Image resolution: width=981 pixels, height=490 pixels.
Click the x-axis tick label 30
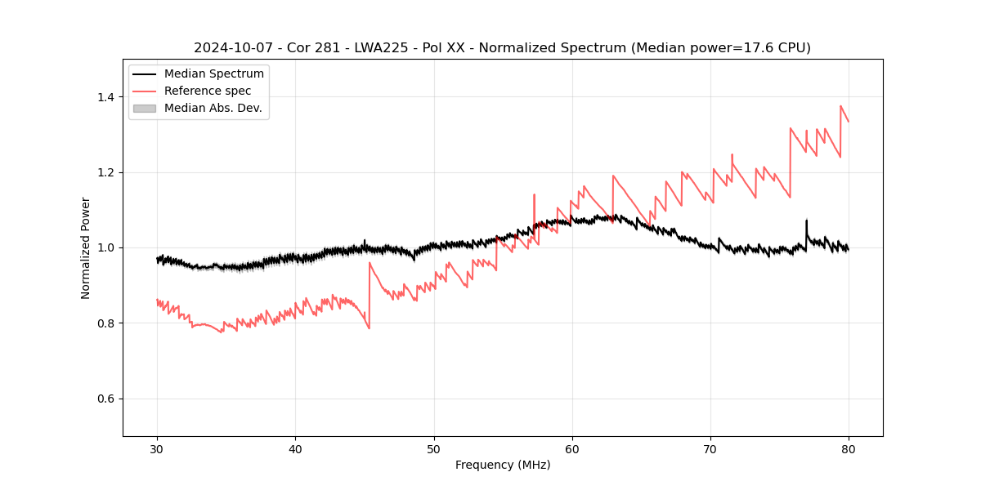pos(157,448)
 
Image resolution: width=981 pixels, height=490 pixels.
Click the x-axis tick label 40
pos(295,448)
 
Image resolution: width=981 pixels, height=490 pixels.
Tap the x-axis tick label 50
pos(433,448)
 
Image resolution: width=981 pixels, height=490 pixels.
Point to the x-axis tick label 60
pos(572,448)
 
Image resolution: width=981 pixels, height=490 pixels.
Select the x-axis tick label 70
pos(710,448)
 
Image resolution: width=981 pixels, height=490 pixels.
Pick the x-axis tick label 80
pos(849,448)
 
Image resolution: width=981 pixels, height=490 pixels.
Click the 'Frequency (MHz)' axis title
pos(503,465)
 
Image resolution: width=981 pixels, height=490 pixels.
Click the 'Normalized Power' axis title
pos(86,247)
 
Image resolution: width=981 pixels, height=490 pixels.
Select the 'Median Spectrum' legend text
pos(213,74)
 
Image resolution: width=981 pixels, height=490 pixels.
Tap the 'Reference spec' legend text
pos(208,91)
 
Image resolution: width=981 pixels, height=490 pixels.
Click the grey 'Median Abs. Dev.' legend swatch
pos(144,108)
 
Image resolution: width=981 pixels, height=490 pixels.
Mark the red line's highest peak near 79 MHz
pos(840,106)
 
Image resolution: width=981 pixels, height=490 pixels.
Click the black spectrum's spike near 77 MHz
pos(806,220)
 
